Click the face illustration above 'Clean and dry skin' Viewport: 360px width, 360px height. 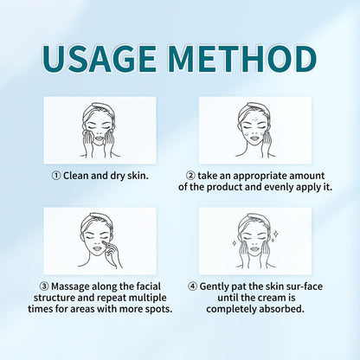[100, 130]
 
